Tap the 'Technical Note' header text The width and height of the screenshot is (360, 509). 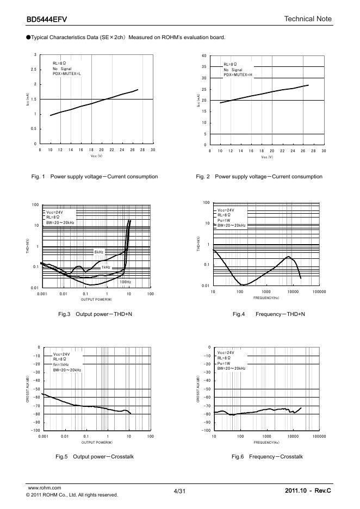tap(308, 19)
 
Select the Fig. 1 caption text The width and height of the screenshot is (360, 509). tap(95, 176)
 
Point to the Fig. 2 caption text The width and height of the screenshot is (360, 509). tap(259, 176)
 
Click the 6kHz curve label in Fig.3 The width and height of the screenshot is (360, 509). tap(98, 252)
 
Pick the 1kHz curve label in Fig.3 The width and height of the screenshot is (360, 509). tap(105, 267)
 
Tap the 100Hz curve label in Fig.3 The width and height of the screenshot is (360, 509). tap(125, 282)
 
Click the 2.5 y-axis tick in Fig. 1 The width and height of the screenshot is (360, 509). tap(34, 70)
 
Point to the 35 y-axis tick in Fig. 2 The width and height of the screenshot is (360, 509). tap(204, 67)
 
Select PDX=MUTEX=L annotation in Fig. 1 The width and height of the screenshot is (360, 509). tap(67, 74)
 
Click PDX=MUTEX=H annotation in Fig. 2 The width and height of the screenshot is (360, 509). tap(238, 75)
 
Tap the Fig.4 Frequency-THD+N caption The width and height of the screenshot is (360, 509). tap(269, 314)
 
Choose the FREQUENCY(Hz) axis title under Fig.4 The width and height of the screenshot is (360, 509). tap(266, 298)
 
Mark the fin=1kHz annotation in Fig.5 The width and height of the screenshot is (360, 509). tap(61, 364)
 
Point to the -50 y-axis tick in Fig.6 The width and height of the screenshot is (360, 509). tap(205, 389)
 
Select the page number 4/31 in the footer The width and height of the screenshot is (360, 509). tap(180, 491)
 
